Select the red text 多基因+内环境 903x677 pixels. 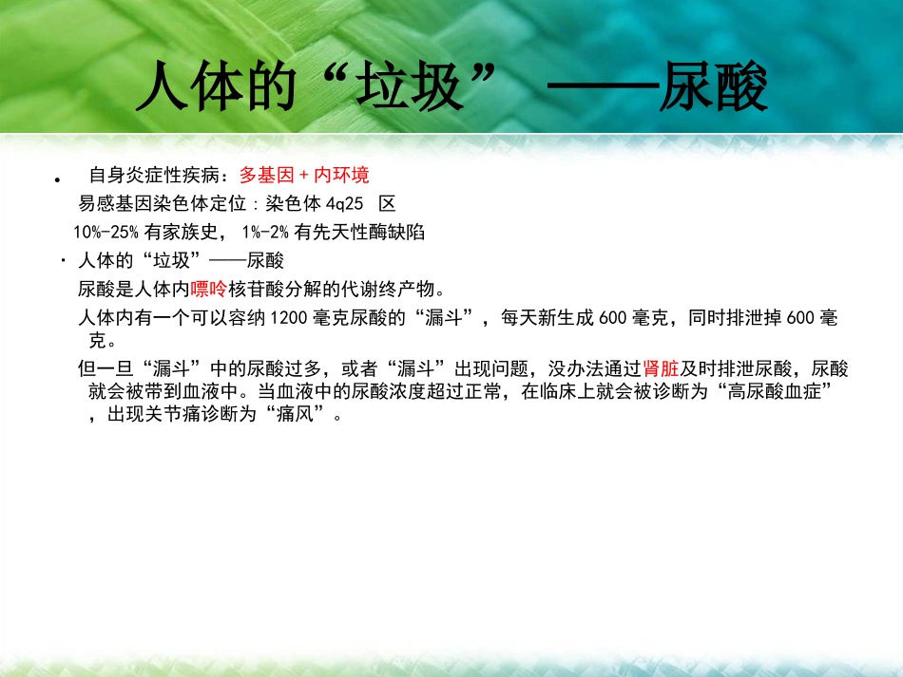pos(304,175)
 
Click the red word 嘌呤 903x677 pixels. pos(209,289)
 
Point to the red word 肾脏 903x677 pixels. pos(661,368)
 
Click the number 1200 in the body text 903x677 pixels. pos(289,317)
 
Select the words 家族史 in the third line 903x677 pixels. pos(196,232)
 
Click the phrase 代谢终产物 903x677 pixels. pos(390,289)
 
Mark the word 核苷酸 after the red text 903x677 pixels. pos(256,289)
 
